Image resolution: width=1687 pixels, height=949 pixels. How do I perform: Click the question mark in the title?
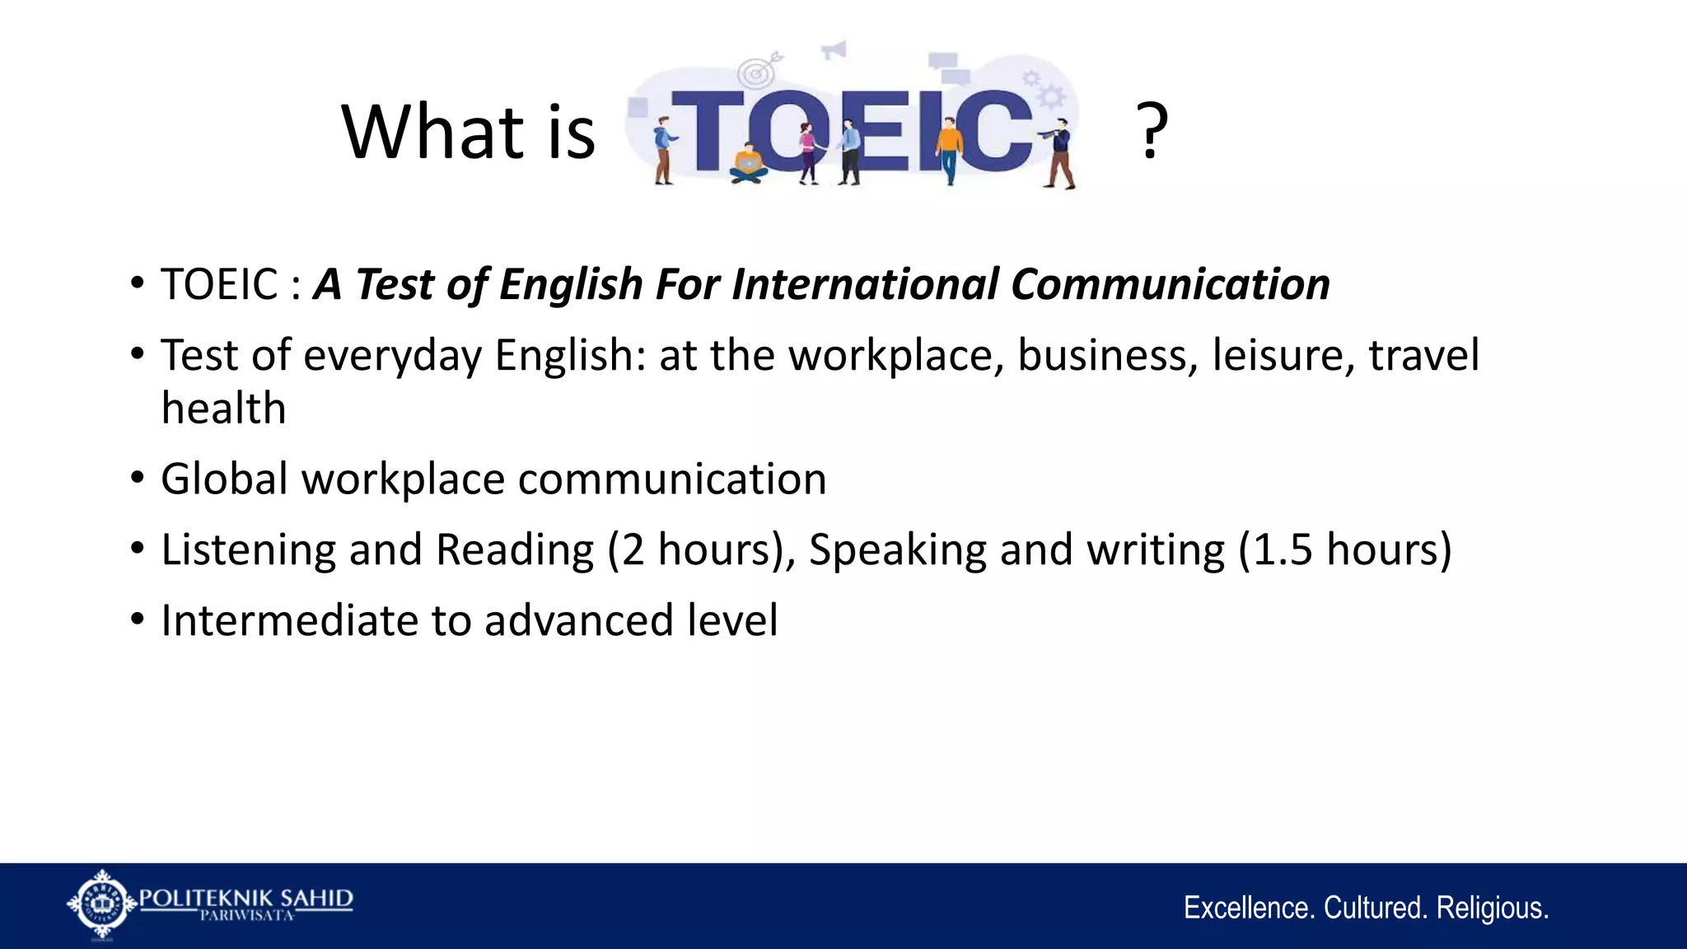1151,132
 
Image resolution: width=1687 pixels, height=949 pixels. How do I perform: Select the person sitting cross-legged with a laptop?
748,163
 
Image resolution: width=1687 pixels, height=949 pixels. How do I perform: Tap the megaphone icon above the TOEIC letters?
834,50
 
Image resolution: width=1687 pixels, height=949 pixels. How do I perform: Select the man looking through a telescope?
1060,152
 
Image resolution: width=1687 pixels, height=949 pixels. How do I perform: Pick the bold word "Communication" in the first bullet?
1170,284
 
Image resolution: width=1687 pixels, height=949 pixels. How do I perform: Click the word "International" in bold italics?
865,284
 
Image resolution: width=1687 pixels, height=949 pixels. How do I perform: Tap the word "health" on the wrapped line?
223,409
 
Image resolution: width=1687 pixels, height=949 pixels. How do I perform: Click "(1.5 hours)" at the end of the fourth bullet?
1345,549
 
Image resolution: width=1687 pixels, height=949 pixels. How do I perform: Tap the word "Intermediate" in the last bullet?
289,620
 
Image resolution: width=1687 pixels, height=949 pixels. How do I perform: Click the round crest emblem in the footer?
101,904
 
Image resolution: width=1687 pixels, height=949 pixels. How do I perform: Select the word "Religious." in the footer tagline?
1492,908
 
